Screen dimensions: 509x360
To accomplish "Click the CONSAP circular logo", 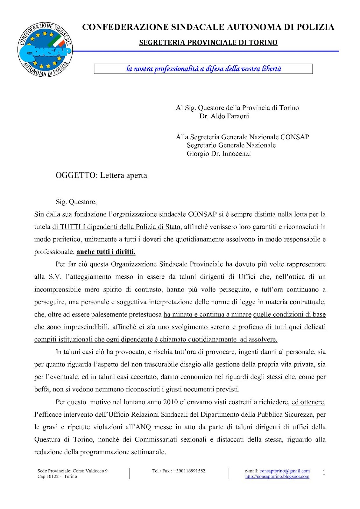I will (x=45, y=50).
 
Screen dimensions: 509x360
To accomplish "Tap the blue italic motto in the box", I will (x=203, y=69).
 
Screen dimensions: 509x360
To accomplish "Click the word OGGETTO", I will (x=75, y=176).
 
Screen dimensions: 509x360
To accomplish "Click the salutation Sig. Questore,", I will (x=76, y=202).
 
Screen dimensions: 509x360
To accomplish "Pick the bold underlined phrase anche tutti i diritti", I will (x=106, y=252).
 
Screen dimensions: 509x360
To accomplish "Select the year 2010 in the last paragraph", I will (x=170, y=402).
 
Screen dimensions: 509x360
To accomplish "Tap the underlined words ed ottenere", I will (x=308, y=402).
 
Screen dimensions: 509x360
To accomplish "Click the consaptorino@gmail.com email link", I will (x=285, y=471).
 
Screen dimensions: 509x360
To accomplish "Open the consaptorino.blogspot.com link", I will (x=277, y=477).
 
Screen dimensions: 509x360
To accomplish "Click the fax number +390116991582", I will (x=189, y=471).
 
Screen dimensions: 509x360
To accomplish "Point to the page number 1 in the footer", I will (x=324, y=473).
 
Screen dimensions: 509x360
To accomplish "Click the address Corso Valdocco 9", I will (x=90, y=471).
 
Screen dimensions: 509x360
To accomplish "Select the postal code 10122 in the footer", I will (x=53, y=477).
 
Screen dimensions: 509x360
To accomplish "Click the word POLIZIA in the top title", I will (x=315, y=27).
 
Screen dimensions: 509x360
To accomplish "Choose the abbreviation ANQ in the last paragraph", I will (x=143, y=427).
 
